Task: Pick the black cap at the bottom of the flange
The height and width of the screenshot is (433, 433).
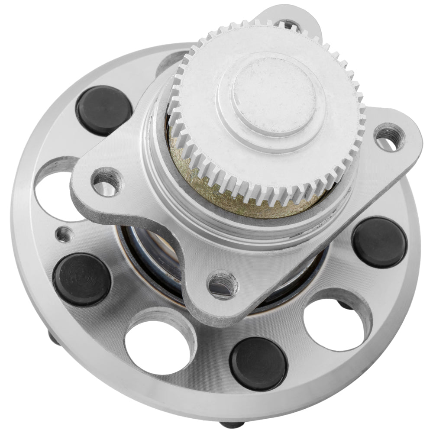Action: click(259, 363)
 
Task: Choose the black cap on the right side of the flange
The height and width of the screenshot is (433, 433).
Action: click(379, 242)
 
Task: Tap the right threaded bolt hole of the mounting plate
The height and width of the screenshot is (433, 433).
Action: click(388, 137)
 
